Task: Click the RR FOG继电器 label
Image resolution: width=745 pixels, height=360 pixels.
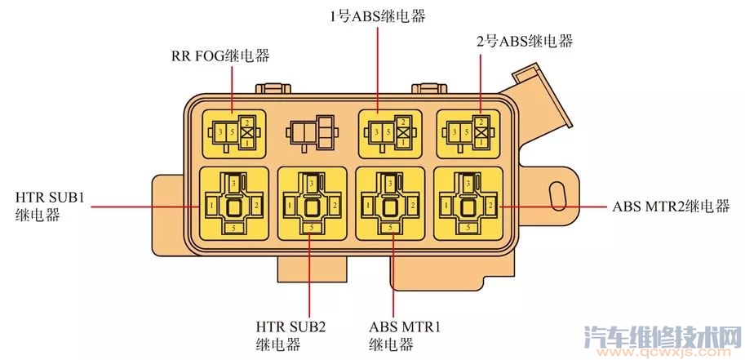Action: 220,57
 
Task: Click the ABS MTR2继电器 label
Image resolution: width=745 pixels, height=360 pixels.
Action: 670,206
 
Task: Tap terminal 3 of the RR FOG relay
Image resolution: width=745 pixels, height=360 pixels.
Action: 218,131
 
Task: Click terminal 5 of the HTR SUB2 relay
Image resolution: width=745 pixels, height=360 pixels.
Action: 311,228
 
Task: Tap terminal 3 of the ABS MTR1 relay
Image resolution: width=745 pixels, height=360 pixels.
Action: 391,184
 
